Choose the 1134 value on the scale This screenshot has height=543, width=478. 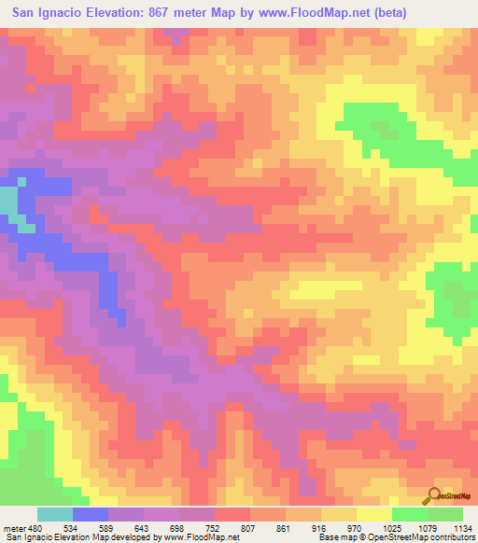[458, 526]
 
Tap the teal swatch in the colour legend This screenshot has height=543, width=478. [54, 514]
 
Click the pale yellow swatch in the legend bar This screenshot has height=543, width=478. [373, 514]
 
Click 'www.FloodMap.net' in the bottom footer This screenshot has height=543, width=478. [199, 538]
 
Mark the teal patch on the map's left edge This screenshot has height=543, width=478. [7, 202]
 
